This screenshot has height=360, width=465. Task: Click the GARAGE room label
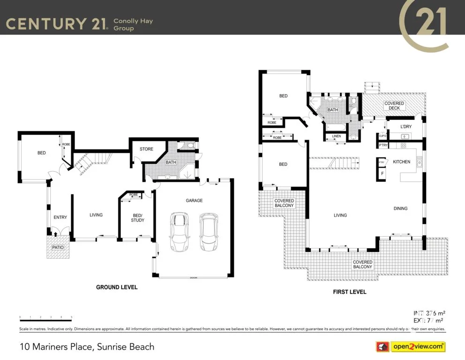click(194, 201)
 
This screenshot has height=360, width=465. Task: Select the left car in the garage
click(179, 232)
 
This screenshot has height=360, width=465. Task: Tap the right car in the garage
click(209, 232)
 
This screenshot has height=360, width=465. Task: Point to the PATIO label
click(58, 247)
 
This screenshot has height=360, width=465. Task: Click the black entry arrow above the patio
click(56, 234)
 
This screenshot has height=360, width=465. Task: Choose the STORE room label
click(146, 150)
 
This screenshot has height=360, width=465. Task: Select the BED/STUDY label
click(137, 217)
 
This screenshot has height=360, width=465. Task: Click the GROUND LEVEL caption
click(117, 287)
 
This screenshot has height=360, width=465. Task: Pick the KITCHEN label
click(401, 162)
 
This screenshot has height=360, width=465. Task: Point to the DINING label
click(400, 209)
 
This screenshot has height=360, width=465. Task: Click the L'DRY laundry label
click(405, 127)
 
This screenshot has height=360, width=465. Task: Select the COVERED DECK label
click(394, 105)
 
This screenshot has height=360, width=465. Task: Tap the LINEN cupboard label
click(336, 136)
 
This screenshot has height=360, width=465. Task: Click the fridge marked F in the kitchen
click(382, 173)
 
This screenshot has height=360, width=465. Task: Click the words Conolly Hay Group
click(133, 24)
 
